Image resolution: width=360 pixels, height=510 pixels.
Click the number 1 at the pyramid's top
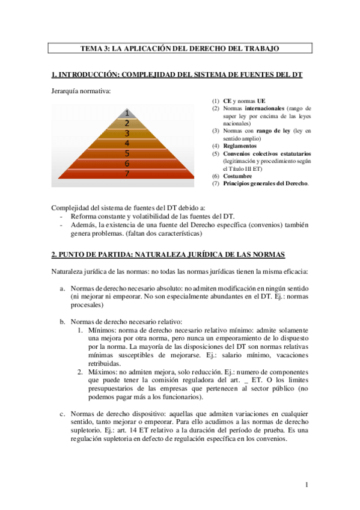[127, 112]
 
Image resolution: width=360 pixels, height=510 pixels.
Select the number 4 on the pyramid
[127, 143]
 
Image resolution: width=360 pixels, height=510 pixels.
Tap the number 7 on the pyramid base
[127, 174]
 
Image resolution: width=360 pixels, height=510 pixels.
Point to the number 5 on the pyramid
[127, 153]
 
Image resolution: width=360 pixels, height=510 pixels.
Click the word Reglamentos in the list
[239, 146]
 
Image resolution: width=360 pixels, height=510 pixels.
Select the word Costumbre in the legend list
[236, 176]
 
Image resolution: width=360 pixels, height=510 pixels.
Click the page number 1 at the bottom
[307, 485]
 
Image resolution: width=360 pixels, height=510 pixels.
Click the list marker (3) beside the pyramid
[216, 131]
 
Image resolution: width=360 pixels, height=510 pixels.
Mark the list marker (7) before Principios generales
[216, 183]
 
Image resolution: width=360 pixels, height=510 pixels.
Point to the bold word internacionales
[263, 108]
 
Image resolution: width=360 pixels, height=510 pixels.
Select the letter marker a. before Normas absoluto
[63, 289]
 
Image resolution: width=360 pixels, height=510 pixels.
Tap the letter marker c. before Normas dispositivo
[63, 414]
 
